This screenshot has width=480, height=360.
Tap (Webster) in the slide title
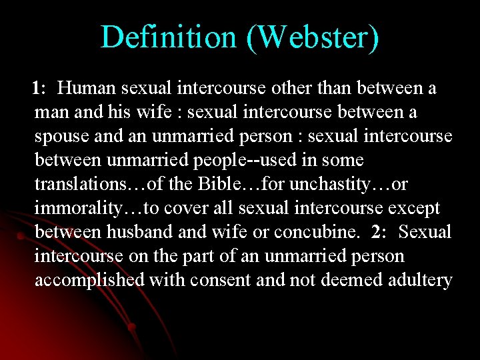pos(313,38)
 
